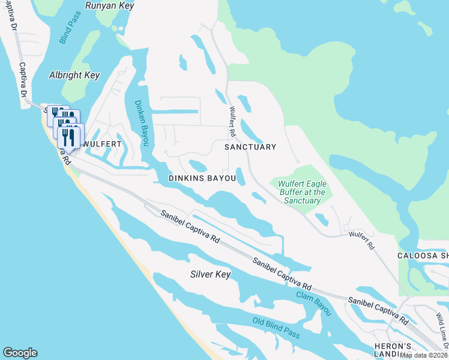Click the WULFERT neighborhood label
[102, 145]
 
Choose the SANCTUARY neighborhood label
[250, 147]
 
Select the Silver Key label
[210, 274]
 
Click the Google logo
[20, 353]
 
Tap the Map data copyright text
[424, 355]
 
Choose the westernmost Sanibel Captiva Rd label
[189, 226]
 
